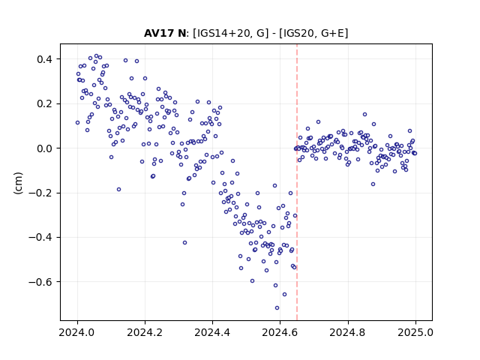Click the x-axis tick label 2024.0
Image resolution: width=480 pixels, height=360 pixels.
click(x=77, y=332)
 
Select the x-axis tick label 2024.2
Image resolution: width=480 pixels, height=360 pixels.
click(x=145, y=332)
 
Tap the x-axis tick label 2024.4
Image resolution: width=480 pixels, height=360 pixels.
click(x=212, y=332)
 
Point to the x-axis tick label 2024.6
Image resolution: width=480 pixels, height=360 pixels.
click(x=280, y=332)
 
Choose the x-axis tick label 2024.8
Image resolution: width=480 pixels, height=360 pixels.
click(x=348, y=332)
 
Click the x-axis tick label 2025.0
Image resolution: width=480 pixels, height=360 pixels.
click(x=415, y=332)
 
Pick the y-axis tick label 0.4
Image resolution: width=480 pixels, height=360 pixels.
click(x=46, y=59)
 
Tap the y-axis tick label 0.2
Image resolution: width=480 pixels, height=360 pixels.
click(x=46, y=103)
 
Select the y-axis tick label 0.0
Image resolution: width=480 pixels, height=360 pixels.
click(x=46, y=148)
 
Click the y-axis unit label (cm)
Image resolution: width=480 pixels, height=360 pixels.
click(x=18, y=183)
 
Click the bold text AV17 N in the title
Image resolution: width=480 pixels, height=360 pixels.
click(x=165, y=33)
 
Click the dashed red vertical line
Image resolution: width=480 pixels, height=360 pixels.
click(x=297, y=182)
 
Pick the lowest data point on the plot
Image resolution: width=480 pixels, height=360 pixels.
click(x=277, y=307)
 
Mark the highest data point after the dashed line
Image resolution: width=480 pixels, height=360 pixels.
click(x=364, y=114)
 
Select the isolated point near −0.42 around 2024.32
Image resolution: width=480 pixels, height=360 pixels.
click(x=184, y=242)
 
